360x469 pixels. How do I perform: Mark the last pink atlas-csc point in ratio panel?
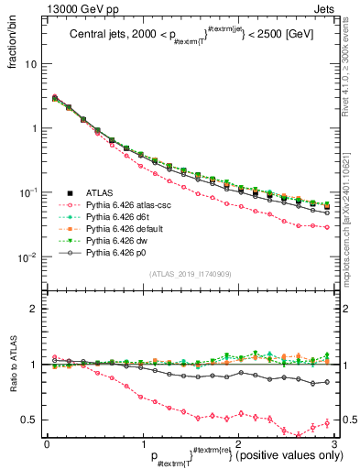pos(327,422)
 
